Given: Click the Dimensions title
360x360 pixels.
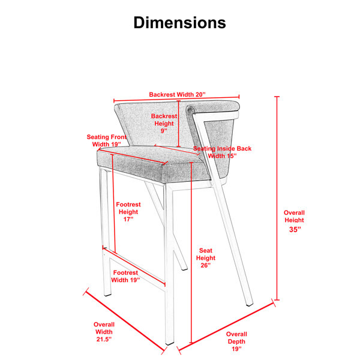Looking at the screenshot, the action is pos(180,23).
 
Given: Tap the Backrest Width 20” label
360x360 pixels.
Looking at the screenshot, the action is pos(177,94).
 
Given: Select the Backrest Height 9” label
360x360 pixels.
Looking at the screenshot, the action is pos(164,123).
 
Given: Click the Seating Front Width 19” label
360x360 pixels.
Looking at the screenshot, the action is pos(107,140).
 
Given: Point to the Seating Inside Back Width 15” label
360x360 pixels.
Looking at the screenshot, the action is pos(222,152).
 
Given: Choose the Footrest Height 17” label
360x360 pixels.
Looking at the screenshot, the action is pos(128,212).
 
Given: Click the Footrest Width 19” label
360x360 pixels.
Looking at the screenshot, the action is pos(125,276).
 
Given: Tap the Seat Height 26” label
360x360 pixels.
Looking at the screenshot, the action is pos(206,258).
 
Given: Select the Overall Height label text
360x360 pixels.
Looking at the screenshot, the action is pos(294,216).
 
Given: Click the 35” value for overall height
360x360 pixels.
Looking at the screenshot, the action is pos(295,229).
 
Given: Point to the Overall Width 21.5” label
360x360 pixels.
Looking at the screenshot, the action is pos(104,332).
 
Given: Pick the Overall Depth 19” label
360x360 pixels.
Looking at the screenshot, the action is pos(236,341).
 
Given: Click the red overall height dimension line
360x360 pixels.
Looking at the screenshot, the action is pos(277,198).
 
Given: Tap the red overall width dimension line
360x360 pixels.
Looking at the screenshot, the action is pos(125,321).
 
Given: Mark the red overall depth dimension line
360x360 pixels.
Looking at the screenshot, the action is pos(227,326).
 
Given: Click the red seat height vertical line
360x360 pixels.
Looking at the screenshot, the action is pos(191,253).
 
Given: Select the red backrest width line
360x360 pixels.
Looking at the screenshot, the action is pos(176,98).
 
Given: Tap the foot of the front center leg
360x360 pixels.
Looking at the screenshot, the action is pos(170,344).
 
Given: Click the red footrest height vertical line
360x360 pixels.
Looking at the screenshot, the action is pos(113,204).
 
